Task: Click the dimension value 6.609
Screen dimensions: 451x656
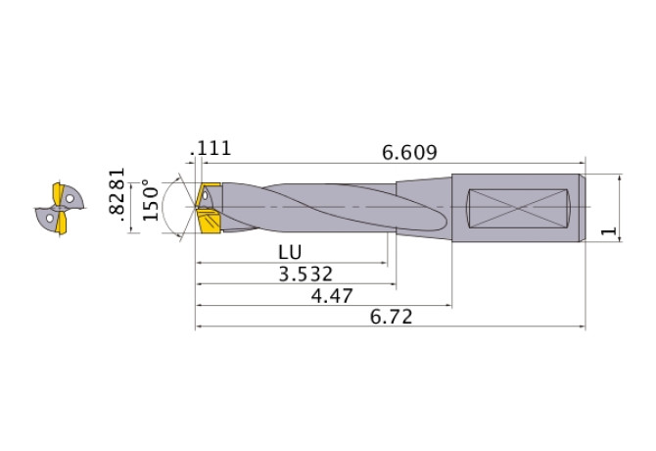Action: click(409, 152)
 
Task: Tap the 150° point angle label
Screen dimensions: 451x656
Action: click(150, 201)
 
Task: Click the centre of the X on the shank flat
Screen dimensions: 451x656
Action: click(519, 208)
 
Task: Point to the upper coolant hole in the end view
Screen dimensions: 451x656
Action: click(70, 199)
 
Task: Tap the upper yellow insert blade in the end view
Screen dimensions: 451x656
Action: click(58, 193)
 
